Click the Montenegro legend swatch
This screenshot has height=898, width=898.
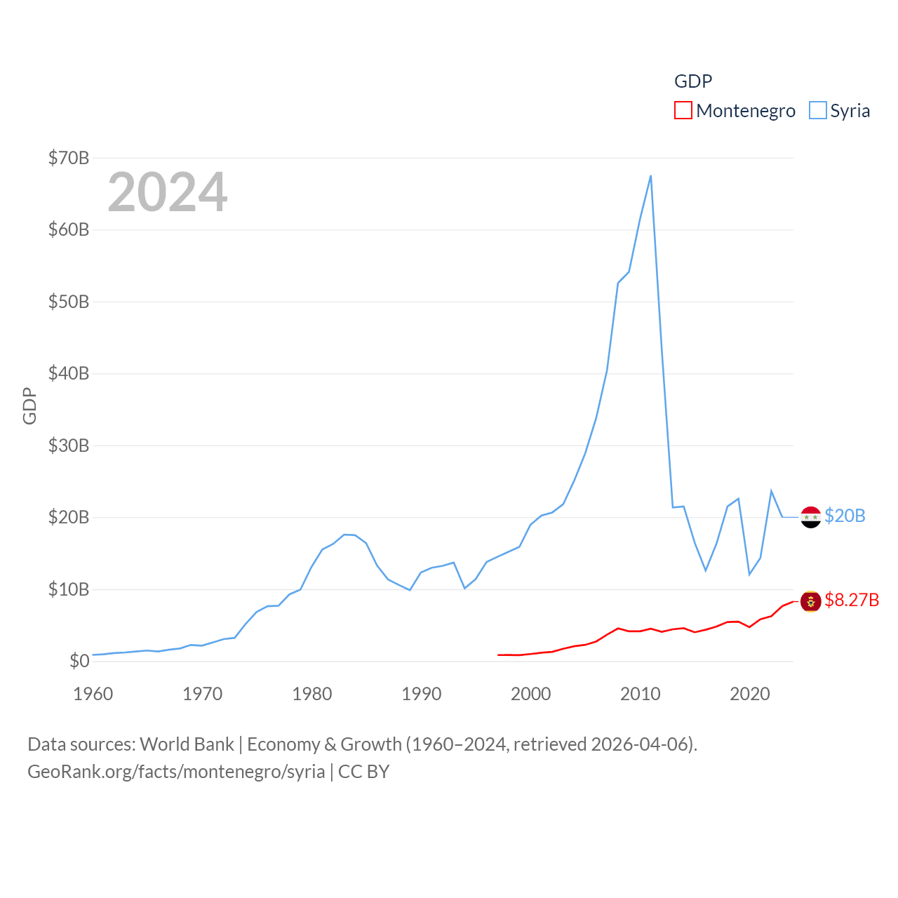pos(683,111)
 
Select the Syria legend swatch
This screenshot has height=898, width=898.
pos(817,111)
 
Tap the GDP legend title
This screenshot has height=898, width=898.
pos(693,81)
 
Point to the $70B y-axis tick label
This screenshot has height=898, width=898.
pos(69,158)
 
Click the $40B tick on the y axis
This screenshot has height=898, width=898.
pos(69,373)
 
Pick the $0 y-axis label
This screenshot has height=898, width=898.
pos(79,661)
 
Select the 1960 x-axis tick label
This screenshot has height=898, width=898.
pos(93,694)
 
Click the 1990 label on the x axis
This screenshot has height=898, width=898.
pos(422,694)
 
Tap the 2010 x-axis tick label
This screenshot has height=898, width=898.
pos(641,694)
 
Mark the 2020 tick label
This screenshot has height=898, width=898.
pos(750,694)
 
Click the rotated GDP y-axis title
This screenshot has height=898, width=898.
pos(29,406)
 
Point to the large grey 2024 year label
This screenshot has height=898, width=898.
pos(168,192)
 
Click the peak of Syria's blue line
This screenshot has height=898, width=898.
pos(650,176)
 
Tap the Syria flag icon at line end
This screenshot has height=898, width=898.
pos(810,517)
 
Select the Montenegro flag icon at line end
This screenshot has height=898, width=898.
pos(810,601)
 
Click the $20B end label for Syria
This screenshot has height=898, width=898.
pos(845,516)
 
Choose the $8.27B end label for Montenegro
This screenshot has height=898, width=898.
pos(852,601)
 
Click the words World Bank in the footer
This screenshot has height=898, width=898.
pos(187,744)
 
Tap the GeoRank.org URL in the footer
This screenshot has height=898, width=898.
pos(176,772)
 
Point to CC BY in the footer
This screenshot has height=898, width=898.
pos(363,772)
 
